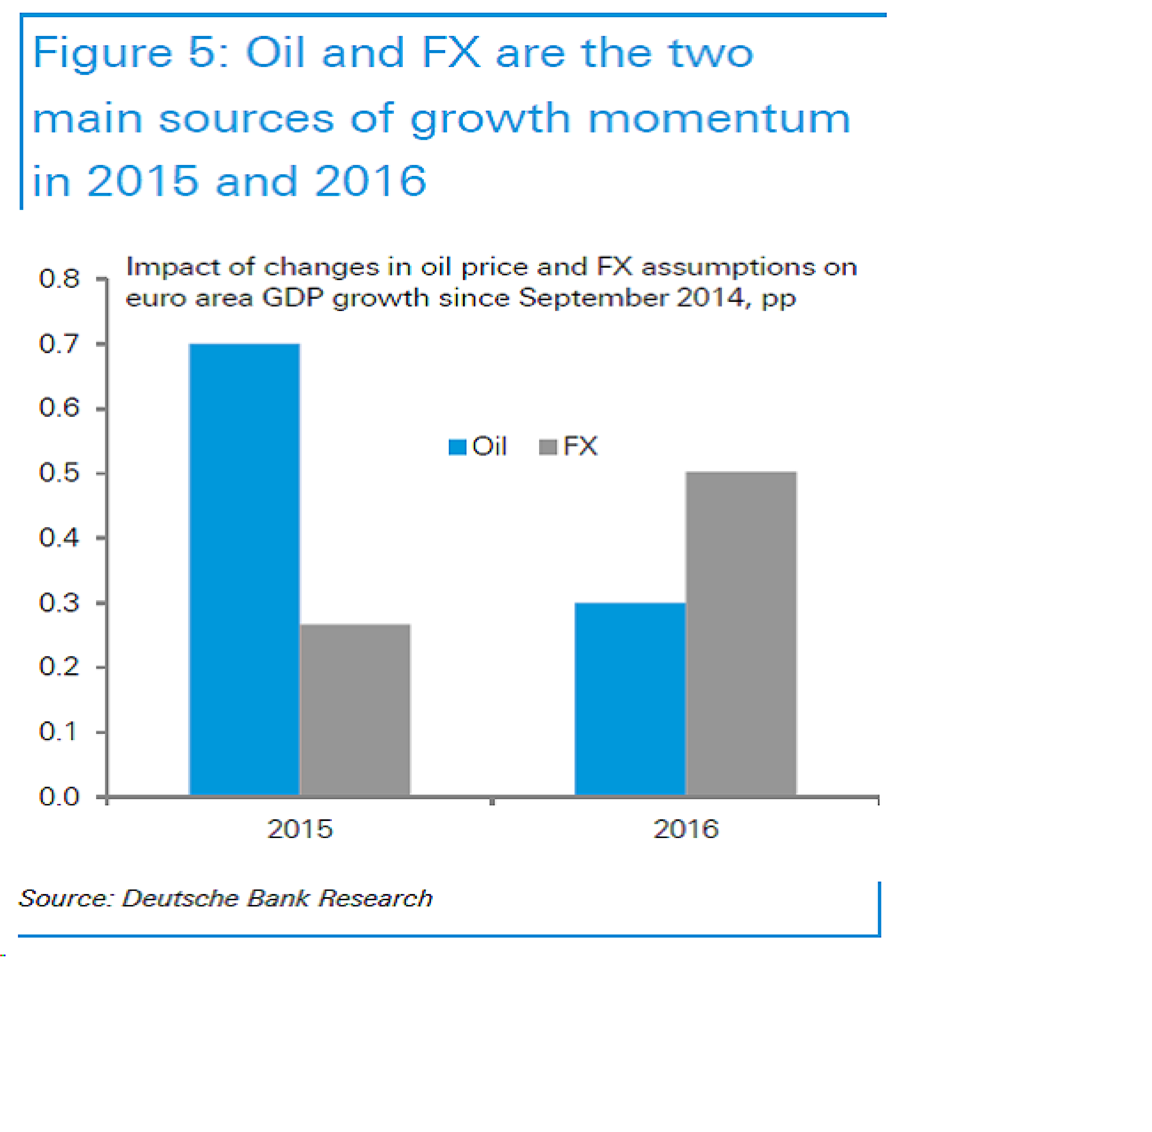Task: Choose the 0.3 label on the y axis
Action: click(x=59, y=602)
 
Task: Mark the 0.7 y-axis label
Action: click(x=59, y=344)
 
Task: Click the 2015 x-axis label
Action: click(x=300, y=829)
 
